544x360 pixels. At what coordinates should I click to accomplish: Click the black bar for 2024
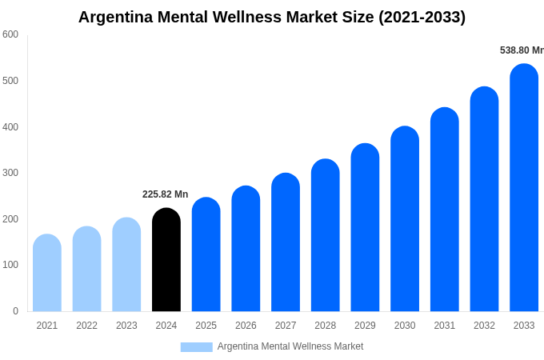pos(166,260)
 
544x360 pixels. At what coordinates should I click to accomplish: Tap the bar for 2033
pos(524,188)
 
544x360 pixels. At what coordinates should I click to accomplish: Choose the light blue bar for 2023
pos(126,265)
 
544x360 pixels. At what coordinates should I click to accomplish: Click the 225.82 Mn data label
pos(165,194)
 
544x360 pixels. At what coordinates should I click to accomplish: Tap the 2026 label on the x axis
pos(246,326)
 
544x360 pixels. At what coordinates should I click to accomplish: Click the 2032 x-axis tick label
pos(484,326)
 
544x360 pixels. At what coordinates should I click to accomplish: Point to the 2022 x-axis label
pos(86,326)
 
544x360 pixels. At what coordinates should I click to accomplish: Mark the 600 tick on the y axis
pos(10,34)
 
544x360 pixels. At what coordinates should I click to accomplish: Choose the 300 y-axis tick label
pos(10,173)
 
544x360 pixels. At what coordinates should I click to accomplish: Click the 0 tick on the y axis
pos(15,311)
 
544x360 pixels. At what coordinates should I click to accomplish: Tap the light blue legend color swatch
pos(196,347)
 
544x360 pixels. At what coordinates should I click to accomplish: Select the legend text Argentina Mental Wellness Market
pos(290,346)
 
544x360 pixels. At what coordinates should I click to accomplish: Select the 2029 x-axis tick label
pos(365,326)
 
